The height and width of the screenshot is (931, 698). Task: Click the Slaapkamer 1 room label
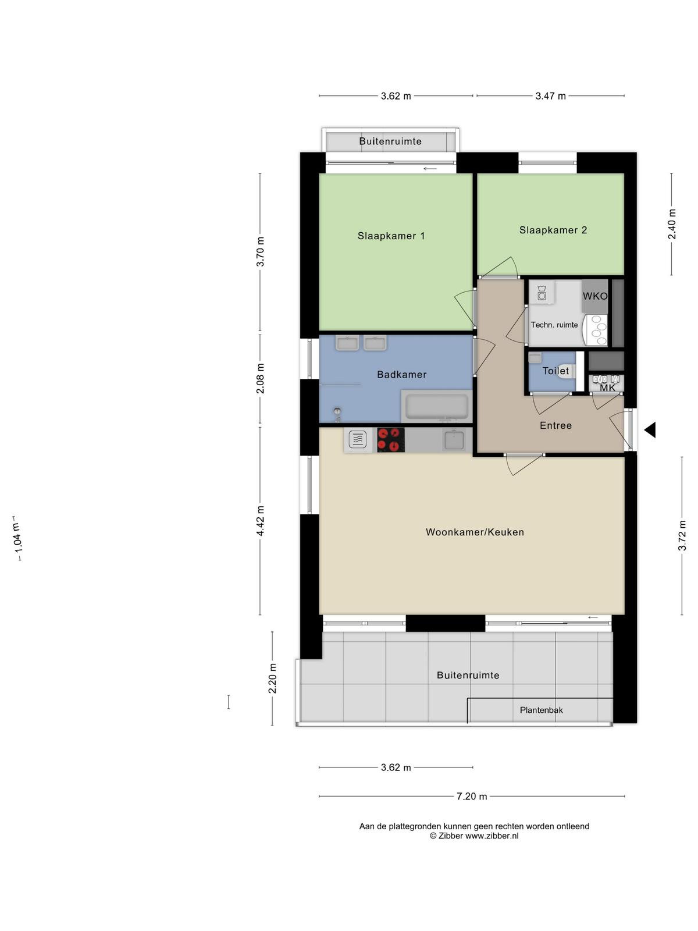click(391, 236)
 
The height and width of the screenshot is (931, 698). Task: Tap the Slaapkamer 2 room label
click(553, 230)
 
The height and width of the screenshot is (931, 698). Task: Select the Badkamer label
click(402, 374)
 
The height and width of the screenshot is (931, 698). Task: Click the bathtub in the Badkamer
click(437, 406)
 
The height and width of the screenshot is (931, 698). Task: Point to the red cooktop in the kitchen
click(391, 439)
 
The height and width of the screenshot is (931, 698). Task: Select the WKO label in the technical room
click(594, 296)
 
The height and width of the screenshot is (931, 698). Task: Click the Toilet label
click(555, 371)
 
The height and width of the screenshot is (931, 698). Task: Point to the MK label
click(607, 388)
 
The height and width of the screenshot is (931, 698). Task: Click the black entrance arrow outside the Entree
click(650, 429)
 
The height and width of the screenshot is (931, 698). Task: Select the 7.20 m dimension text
click(472, 796)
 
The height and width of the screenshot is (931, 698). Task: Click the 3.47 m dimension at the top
click(550, 96)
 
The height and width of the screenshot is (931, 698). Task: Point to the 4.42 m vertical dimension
click(260, 520)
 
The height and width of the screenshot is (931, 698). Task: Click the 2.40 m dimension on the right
click(672, 224)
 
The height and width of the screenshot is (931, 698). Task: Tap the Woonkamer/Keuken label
click(475, 532)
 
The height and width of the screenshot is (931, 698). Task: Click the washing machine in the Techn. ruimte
click(542, 292)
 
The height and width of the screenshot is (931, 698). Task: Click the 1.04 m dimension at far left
click(17, 538)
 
